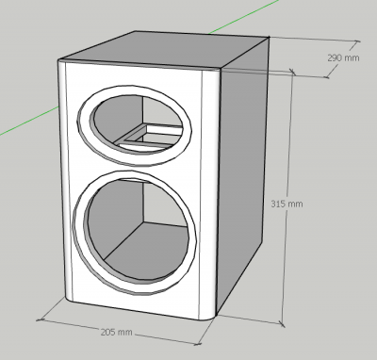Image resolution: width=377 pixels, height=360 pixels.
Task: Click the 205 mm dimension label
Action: pos(116,332)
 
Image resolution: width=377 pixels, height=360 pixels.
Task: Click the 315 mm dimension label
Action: pos(287,204)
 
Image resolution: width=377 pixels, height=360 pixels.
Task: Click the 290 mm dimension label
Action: pos(343,57)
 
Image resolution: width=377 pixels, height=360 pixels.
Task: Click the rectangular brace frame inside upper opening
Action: pos(149,136)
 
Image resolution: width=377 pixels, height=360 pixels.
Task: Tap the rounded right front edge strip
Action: pos(209,195)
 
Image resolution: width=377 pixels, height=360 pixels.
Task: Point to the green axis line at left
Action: pos(29,121)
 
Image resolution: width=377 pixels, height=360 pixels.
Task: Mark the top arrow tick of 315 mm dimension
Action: pos(292,73)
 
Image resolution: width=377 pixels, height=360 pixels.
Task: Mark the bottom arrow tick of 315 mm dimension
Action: pos(282,323)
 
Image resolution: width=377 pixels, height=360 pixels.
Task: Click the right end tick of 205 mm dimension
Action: pos(198,344)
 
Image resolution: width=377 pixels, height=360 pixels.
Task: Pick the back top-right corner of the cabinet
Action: pos(270,38)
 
